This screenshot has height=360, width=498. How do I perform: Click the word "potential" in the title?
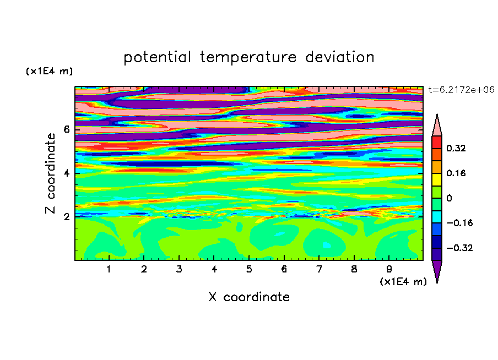click(x=157, y=58)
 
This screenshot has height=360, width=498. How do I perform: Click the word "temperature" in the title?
click(x=248, y=58)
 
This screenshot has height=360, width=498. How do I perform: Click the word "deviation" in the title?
click(x=339, y=57)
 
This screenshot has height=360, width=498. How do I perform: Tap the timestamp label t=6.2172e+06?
click(x=461, y=90)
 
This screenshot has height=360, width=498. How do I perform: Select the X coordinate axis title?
click(x=249, y=297)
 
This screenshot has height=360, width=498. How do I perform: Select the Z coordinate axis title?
click(x=51, y=173)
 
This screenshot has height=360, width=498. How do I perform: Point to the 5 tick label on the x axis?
click(x=248, y=269)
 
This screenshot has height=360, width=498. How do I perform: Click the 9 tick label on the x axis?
click(x=389, y=269)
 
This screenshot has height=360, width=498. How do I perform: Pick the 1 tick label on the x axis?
click(x=109, y=269)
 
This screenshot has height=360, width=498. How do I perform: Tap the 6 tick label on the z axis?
click(x=66, y=129)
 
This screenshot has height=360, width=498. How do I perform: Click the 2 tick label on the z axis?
click(x=66, y=217)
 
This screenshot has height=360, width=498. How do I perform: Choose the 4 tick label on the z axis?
click(x=66, y=173)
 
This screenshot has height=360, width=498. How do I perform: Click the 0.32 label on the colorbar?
click(x=456, y=148)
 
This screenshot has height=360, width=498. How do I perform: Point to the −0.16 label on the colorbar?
click(x=459, y=223)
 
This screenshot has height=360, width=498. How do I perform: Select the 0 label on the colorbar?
click(x=449, y=198)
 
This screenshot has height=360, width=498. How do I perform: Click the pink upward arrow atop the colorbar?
click(x=437, y=125)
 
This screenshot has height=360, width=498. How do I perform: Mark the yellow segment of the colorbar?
click(x=437, y=179)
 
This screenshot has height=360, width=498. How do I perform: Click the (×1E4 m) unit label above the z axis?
click(x=49, y=72)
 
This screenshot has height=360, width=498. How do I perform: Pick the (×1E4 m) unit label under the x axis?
click(x=403, y=282)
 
